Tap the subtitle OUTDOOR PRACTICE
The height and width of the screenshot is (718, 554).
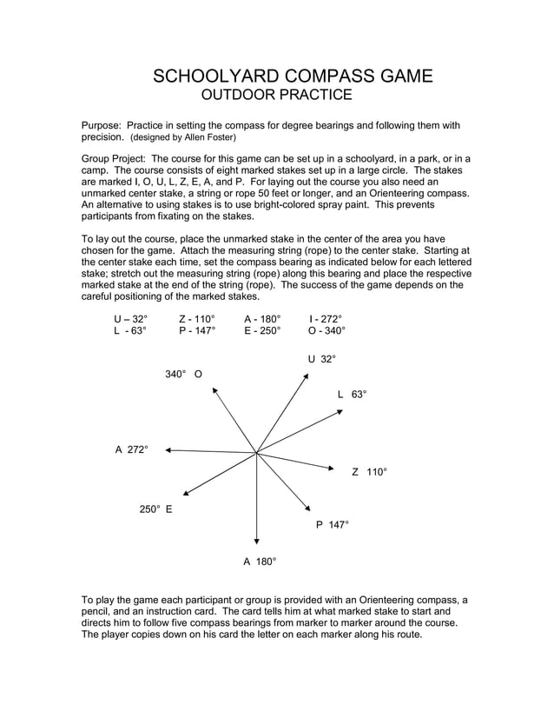pos(276,95)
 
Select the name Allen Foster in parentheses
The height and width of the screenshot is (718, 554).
pos(207,137)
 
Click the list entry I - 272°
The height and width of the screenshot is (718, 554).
pos(325,319)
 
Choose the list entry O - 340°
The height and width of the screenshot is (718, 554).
pos(326,331)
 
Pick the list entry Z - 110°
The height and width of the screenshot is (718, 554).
pos(196,319)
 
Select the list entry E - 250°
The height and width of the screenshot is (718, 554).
pos(262,331)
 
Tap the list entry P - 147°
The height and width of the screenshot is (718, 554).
pos(196,331)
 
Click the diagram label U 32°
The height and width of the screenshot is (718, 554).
pos(320,359)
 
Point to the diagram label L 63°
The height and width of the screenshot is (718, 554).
pos(352,395)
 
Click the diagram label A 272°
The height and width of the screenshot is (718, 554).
pos(132,449)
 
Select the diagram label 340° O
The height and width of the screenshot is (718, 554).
pos(184,374)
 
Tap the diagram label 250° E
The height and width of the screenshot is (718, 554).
pos(156,509)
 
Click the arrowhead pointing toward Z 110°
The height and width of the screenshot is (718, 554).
pos(330,469)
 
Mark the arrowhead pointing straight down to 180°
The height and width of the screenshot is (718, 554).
pos(257,541)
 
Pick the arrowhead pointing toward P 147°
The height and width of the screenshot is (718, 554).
pos(308,508)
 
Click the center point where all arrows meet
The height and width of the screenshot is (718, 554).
pos(257,452)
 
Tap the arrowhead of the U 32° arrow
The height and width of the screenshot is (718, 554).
pos(307,376)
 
